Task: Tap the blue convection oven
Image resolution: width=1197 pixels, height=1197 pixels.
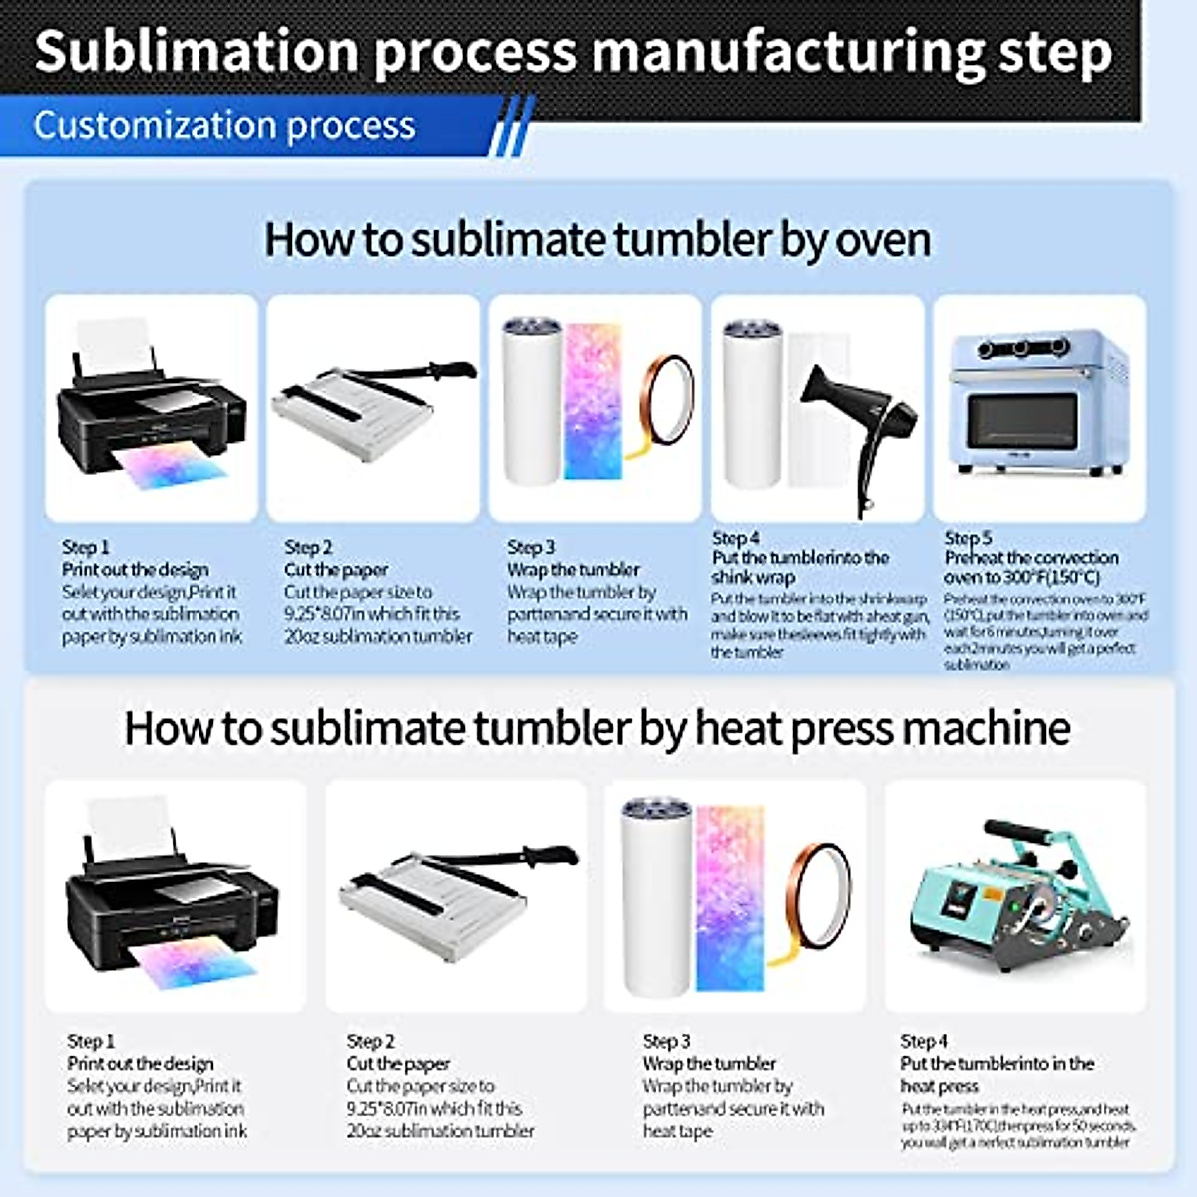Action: [x=1038, y=403]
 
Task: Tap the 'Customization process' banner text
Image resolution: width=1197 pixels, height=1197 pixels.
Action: [x=224, y=126]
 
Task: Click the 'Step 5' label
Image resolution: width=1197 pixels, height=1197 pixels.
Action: [x=967, y=538]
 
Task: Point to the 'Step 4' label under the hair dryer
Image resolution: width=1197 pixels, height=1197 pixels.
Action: [x=735, y=538]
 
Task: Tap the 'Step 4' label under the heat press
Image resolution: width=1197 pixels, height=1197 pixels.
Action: [x=923, y=1041]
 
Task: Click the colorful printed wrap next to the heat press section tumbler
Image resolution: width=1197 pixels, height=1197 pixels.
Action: [x=731, y=898]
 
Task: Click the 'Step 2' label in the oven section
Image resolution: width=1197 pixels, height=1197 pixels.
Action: [x=308, y=547]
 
